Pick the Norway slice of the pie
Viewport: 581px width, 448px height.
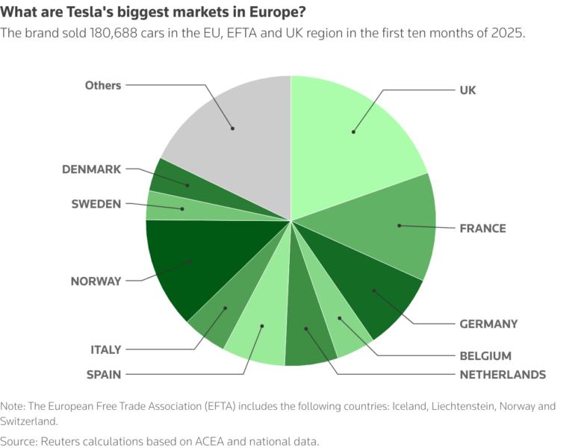click(190, 261)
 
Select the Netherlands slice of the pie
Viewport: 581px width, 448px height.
click(305, 328)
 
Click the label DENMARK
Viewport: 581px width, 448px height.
click(91, 169)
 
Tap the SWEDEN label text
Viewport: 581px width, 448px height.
click(96, 204)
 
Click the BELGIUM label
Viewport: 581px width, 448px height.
click(485, 355)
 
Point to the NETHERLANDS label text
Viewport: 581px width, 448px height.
click(502, 374)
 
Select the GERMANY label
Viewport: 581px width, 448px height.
click(488, 323)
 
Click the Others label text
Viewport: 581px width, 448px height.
click(103, 85)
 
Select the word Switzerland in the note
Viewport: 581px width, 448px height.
click(31, 420)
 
